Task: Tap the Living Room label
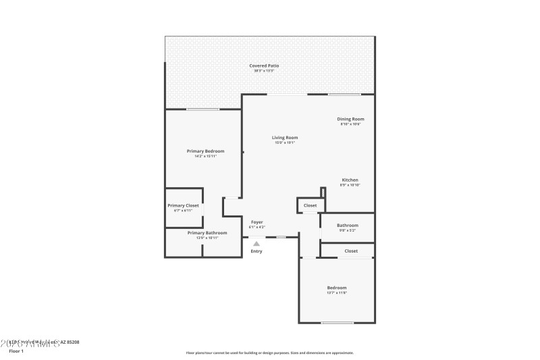[x=285, y=138]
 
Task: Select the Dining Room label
[x=350, y=119]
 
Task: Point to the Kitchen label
[x=350, y=180]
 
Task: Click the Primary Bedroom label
[x=205, y=151]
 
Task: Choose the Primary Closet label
[x=183, y=205]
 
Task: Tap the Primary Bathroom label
[x=207, y=232]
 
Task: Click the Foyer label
[x=257, y=222]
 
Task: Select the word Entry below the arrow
[x=256, y=251]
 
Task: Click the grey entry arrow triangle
[x=256, y=244]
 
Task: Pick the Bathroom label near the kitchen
[x=348, y=225]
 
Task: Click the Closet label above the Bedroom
[x=351, y=251]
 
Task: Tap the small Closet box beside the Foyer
[x=310, y=205]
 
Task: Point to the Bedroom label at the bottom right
[x=337, y=288]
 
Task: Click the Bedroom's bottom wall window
[x=337, y=323]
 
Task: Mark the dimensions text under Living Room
[x=285, y=143]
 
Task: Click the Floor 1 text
[x=16, y=351]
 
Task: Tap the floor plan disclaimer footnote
[x=269, y=353]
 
